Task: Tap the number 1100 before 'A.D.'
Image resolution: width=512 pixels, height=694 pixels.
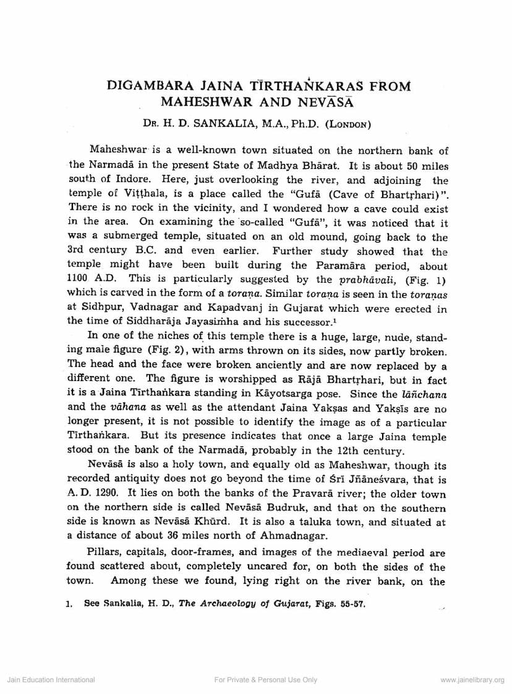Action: (77, 279)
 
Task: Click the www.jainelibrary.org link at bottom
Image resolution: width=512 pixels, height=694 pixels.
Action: (472, 680)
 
